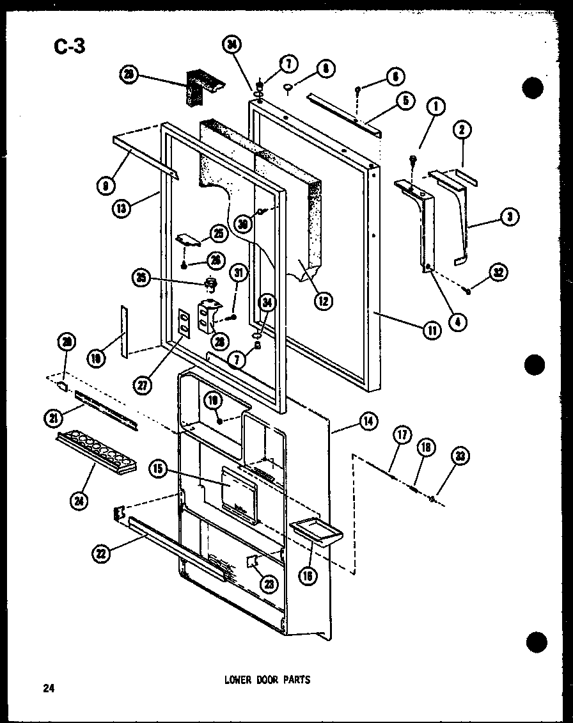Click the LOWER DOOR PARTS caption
tap(267, 679)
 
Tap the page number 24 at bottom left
tap(48, 688)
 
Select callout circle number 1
tap(436, 107)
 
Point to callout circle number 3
tap(509, 218)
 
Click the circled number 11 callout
tap(432, 330)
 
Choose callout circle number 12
tap(324, 299)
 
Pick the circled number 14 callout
tap(368, 421)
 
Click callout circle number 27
tap(141, 385)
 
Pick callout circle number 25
tap(218, 234)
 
